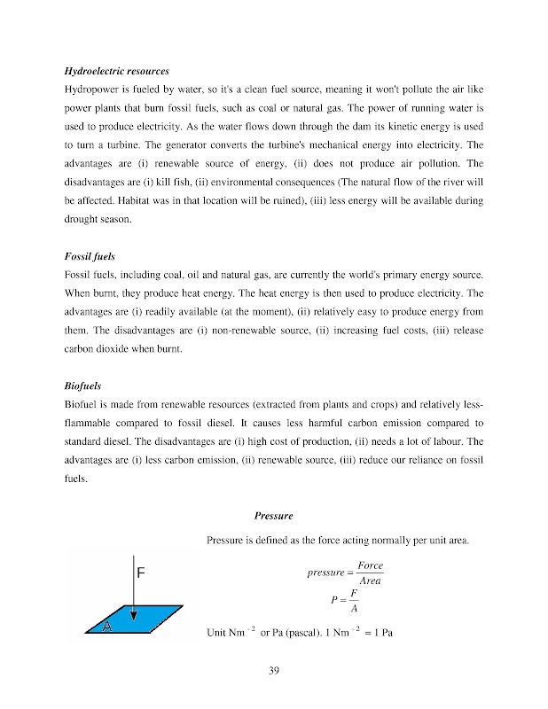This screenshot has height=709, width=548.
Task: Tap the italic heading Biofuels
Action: (83, 387)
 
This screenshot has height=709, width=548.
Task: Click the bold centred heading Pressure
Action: (273, 517)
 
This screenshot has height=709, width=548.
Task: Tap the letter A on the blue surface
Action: (106, 627)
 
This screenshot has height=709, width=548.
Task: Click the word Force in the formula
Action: (370, 565)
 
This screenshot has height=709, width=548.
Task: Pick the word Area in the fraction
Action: (370, 580)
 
